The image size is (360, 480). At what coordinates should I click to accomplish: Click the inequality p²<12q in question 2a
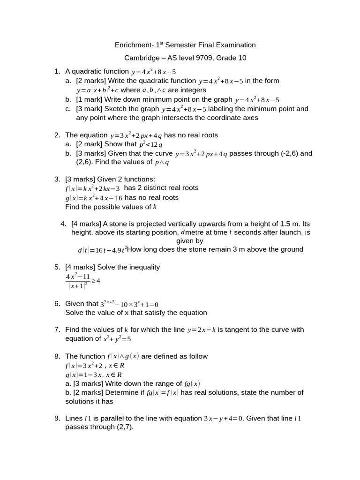[x=150, y=144]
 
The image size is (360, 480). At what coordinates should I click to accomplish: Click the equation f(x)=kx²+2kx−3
[x=92, y=188]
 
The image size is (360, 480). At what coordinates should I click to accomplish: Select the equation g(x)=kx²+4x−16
[x=93, y=198]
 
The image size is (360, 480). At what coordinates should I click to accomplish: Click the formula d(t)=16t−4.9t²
[x=102, y=250]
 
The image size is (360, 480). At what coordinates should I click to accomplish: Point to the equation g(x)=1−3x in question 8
[x=93, y=375]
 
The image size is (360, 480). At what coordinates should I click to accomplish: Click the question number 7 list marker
[x=57, y=330]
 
